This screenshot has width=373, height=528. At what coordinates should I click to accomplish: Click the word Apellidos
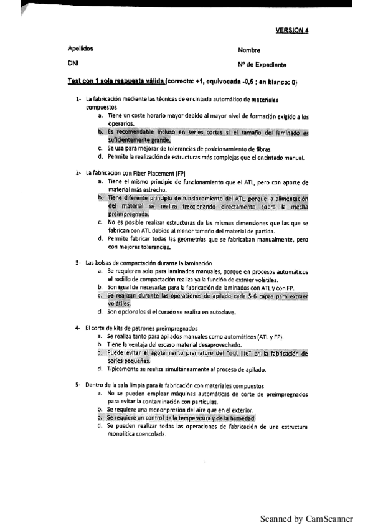click(80, 48)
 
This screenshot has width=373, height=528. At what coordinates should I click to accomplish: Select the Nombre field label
click(249, 50)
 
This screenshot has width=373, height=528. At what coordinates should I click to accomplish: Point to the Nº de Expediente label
click(262, 64)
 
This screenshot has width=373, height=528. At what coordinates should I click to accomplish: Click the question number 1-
click(78, 99)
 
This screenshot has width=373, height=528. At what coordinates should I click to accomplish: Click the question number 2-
click(78, 172)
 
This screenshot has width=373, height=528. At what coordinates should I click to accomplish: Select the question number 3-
click(78, 262)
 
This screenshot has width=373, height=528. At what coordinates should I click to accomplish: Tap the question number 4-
click(78, 328)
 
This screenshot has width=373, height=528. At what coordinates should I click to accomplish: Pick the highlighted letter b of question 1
click(100, 132)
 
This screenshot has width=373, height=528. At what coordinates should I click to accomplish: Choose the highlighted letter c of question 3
click(100, 296)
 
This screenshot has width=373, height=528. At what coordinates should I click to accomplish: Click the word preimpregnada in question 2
click(128, 214)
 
